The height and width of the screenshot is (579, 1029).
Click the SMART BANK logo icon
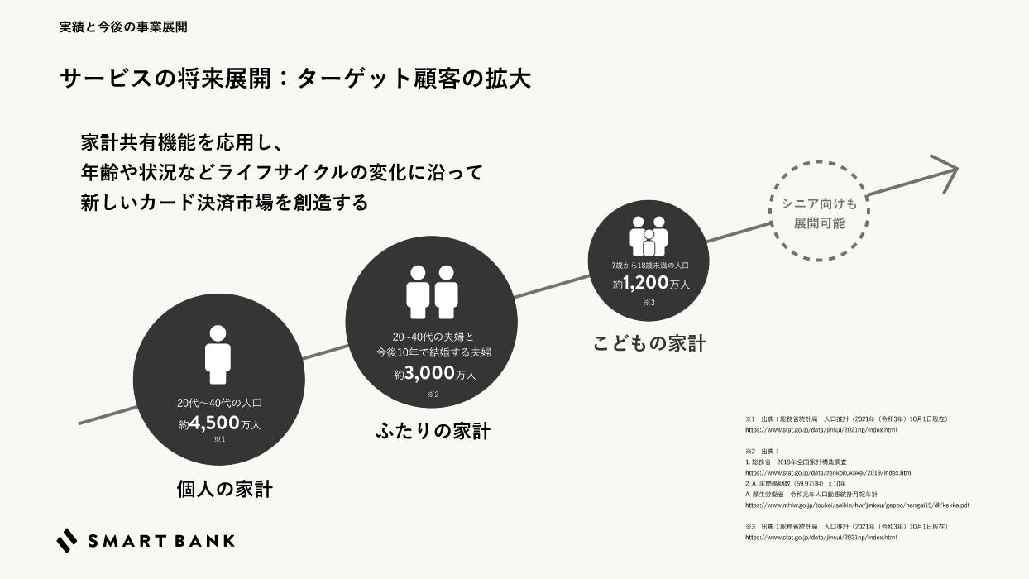click(67, 540)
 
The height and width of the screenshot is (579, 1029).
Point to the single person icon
click(217, 354)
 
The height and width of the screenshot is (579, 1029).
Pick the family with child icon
click(649, 237)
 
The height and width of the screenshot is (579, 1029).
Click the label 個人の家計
click(225, 489)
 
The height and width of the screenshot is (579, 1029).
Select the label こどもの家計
click(649, 344)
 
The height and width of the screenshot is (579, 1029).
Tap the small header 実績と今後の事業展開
click(123, 26)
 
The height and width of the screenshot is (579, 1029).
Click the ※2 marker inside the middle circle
click(433, 395)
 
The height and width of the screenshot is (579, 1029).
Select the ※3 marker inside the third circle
click(649, 303)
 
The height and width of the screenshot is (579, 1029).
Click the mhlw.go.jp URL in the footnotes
click(857, 505)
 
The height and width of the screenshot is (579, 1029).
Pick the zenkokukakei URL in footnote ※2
click(829, 472)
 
